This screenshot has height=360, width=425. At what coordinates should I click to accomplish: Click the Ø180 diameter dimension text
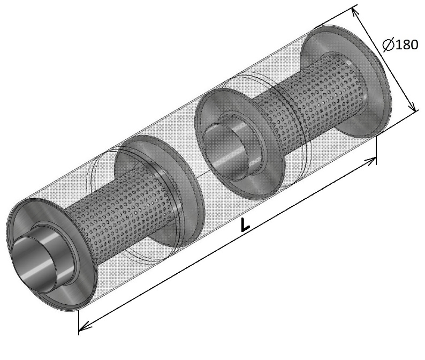pyautogui.click(x=400, y=45)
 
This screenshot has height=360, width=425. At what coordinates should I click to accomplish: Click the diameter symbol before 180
pyautogui.click(x=389, y=45)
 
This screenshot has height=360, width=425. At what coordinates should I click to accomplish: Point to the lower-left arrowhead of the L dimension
pyautogui.click(x=85, y=327)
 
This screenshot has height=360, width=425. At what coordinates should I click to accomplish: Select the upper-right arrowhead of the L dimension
pyautogui.click(x=370, y=160)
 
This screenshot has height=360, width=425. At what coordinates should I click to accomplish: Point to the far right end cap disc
pyautogui.click(x=347, y=81)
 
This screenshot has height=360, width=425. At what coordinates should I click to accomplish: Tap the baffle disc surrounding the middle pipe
pyautogui.click(x=240, y=144)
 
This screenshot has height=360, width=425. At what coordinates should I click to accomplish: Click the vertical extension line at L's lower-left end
pyautogui.click(x=79, y=322)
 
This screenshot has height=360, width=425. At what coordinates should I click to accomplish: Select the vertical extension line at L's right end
pyautogui.click(x=376, y=150)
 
